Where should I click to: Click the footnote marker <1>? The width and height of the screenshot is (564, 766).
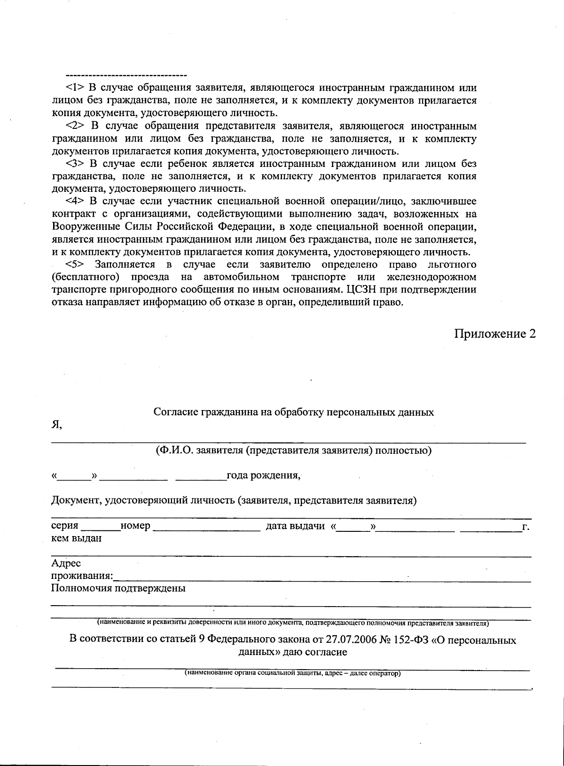point(75,88)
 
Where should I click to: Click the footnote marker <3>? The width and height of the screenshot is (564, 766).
point(75,164)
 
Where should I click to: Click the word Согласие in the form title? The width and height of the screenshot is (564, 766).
point(176,412)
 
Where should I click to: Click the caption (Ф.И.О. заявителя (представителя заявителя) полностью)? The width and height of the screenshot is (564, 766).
point(294,450)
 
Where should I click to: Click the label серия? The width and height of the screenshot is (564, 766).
point(64,526)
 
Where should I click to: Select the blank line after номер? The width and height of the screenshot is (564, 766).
point(207,529)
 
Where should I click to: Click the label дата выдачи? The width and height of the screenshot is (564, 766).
point(295,526)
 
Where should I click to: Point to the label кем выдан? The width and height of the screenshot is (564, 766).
point(76,538)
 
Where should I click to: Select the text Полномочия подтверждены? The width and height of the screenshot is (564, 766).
point(118,588)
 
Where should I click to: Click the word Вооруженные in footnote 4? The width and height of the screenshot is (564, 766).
point(81,227)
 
